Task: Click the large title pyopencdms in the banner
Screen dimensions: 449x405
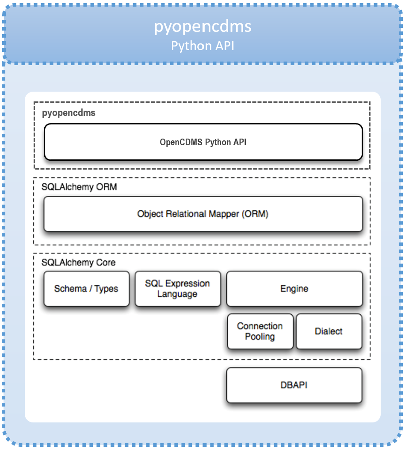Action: [202, 27]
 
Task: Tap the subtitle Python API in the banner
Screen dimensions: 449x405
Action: [202, 46]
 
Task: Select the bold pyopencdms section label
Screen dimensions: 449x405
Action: [69, 113]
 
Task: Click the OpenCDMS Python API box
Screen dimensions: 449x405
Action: [203, 142]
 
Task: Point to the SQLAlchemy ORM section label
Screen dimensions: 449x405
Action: [79, 187]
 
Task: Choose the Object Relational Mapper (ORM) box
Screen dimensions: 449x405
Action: [203, 214]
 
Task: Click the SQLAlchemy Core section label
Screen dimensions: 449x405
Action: [78, 263]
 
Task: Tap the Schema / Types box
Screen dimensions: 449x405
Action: [86, 289]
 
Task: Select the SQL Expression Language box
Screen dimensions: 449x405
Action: [177, 289]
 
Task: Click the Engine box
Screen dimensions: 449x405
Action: [294, 289]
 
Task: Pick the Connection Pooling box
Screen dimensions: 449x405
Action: [260, 331]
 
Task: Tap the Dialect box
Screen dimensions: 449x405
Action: [329, 331]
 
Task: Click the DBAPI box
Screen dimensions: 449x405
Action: [294, 385]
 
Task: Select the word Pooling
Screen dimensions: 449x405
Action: [260, 337]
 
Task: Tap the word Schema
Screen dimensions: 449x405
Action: [70, 289]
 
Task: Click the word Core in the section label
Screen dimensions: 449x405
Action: [106, 263]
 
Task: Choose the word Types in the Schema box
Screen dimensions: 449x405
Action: [106, 289]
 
